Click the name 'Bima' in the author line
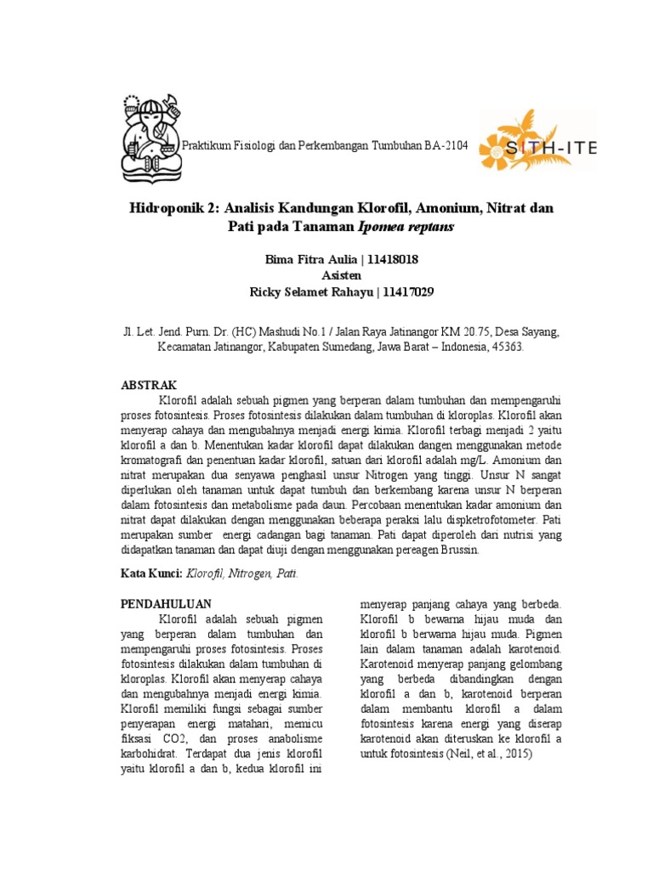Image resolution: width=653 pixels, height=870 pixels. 282,259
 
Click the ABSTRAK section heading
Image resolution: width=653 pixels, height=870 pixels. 150,385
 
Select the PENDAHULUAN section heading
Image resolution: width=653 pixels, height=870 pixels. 163,602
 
